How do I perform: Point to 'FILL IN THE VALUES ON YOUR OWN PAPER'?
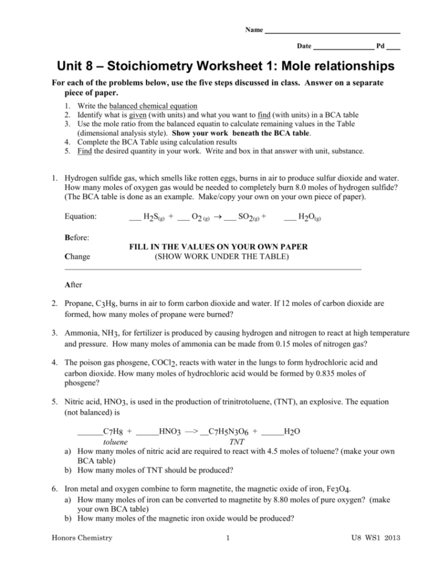(x=219, y=247)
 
